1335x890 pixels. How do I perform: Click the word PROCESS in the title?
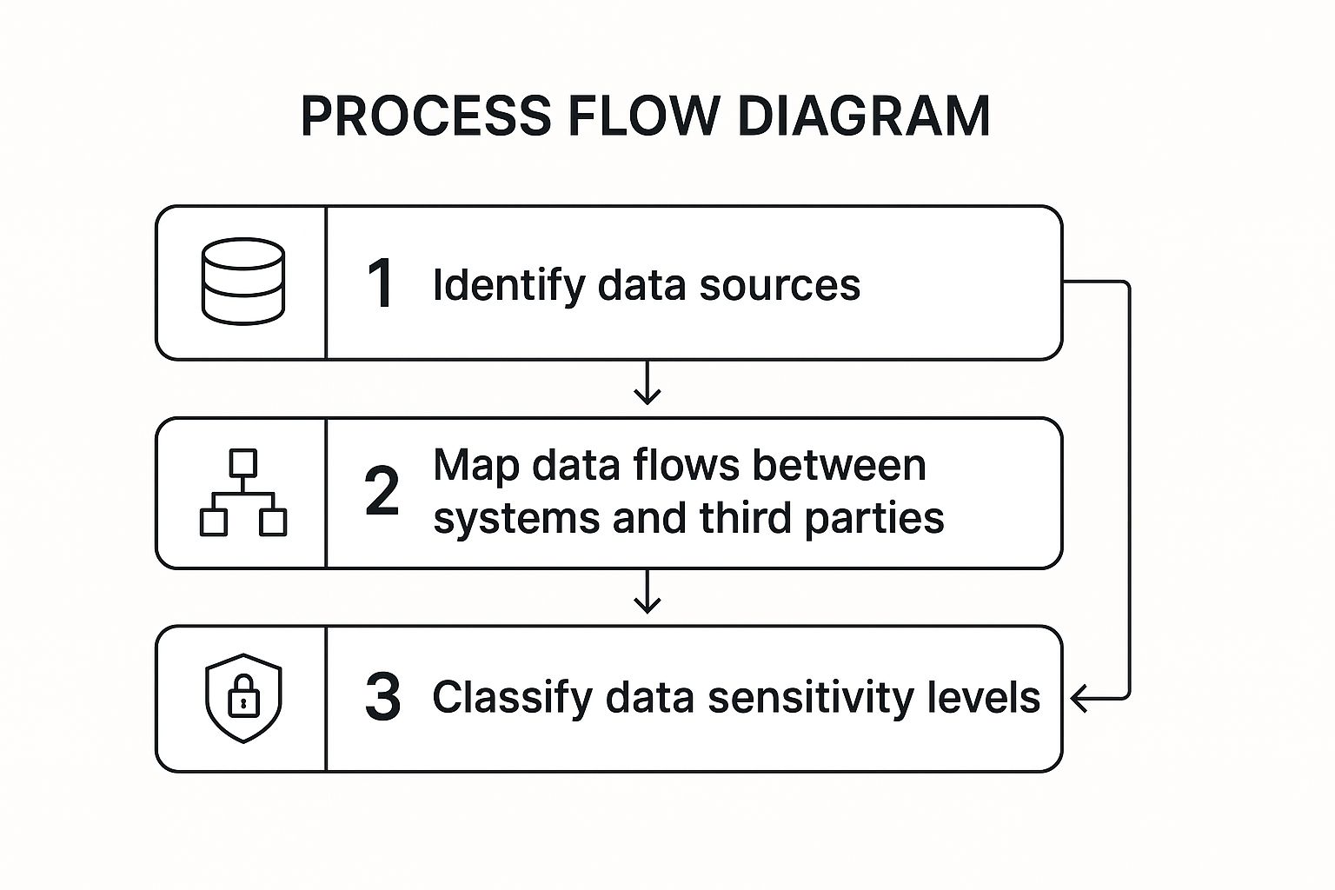(x=426, y=116)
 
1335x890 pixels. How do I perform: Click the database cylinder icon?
(x=243, y=282)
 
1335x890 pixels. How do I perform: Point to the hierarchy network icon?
(x=243, y=492)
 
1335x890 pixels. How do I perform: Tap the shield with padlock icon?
(x=243, y=698)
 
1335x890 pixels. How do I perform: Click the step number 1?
(x=381, y=283)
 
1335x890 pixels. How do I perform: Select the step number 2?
(x=382, y=492)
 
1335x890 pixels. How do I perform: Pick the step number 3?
(x=382, y=698)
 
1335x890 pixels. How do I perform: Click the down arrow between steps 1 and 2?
(x=647, y=385)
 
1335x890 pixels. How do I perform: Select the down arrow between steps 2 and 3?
(x=647, y=594)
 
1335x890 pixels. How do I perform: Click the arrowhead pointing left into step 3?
(x=1079, y=698)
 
